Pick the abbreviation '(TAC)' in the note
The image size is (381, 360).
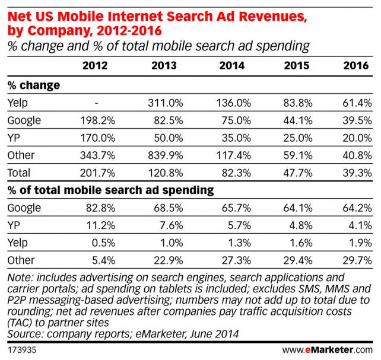(x=18, y=324)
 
